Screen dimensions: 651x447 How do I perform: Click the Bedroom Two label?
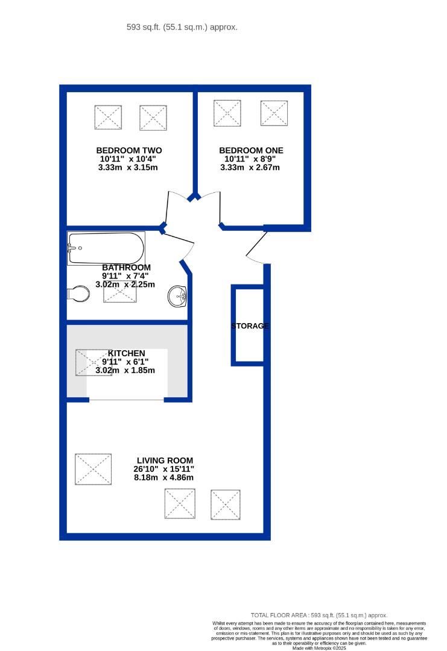(x=128, y=150)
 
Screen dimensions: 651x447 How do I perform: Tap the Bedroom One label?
(x=251, y=150)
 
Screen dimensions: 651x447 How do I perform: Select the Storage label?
(x=250, y=326)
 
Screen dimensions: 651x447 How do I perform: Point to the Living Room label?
(x=163, y=461)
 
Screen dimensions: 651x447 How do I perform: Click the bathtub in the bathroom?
(x=106, y=248)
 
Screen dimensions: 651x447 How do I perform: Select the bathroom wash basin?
(x=178, y=295)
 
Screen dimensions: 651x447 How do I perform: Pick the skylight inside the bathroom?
(x=119, y=292)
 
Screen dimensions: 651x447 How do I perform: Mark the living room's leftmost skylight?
(x=93, y=469)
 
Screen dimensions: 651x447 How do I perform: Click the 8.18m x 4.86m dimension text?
(x=163, y=477)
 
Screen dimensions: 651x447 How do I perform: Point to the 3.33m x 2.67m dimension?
(x=251, y=167)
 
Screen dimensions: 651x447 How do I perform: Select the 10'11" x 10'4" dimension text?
(x=128, y=159)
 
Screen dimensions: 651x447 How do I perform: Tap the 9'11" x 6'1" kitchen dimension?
(x=125, y=362)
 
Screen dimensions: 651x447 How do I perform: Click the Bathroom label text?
(x=126, y=268)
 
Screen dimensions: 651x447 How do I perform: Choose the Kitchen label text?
(x=126, y=353)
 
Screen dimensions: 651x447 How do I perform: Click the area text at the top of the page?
(x=182, y=27)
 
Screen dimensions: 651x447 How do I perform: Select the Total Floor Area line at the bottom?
(x=319, y=614)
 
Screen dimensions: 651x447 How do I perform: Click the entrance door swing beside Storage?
(x=258, y=248)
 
